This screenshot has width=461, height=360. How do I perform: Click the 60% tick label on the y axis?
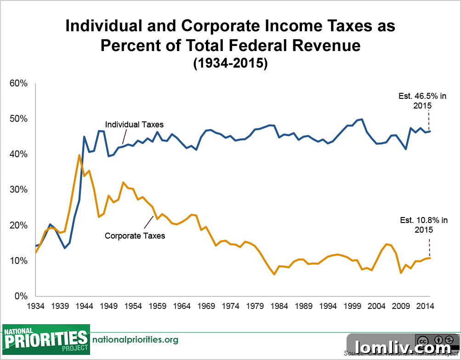(18, 83)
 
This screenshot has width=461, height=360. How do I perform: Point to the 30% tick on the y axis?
(18, 189)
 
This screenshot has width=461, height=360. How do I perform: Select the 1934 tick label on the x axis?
(35, 306)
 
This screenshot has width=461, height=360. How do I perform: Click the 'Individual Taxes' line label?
(134, 125)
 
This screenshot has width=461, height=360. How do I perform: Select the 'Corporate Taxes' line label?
(135, 236)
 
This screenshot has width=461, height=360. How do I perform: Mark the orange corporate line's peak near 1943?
(80, 155)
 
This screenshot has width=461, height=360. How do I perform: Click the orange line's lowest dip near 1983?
(274, 274)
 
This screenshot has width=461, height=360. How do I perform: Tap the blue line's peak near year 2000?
(362, 119)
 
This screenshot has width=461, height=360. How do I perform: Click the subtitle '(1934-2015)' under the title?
(230, 63)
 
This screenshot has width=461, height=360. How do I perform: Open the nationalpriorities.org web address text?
(135, 340)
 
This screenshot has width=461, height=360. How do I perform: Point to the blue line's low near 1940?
(65, 248)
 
